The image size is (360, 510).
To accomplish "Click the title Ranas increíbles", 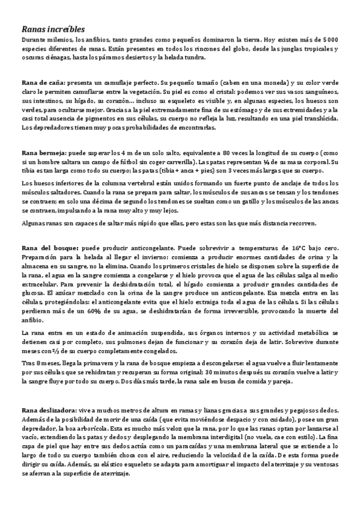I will [53, 28].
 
